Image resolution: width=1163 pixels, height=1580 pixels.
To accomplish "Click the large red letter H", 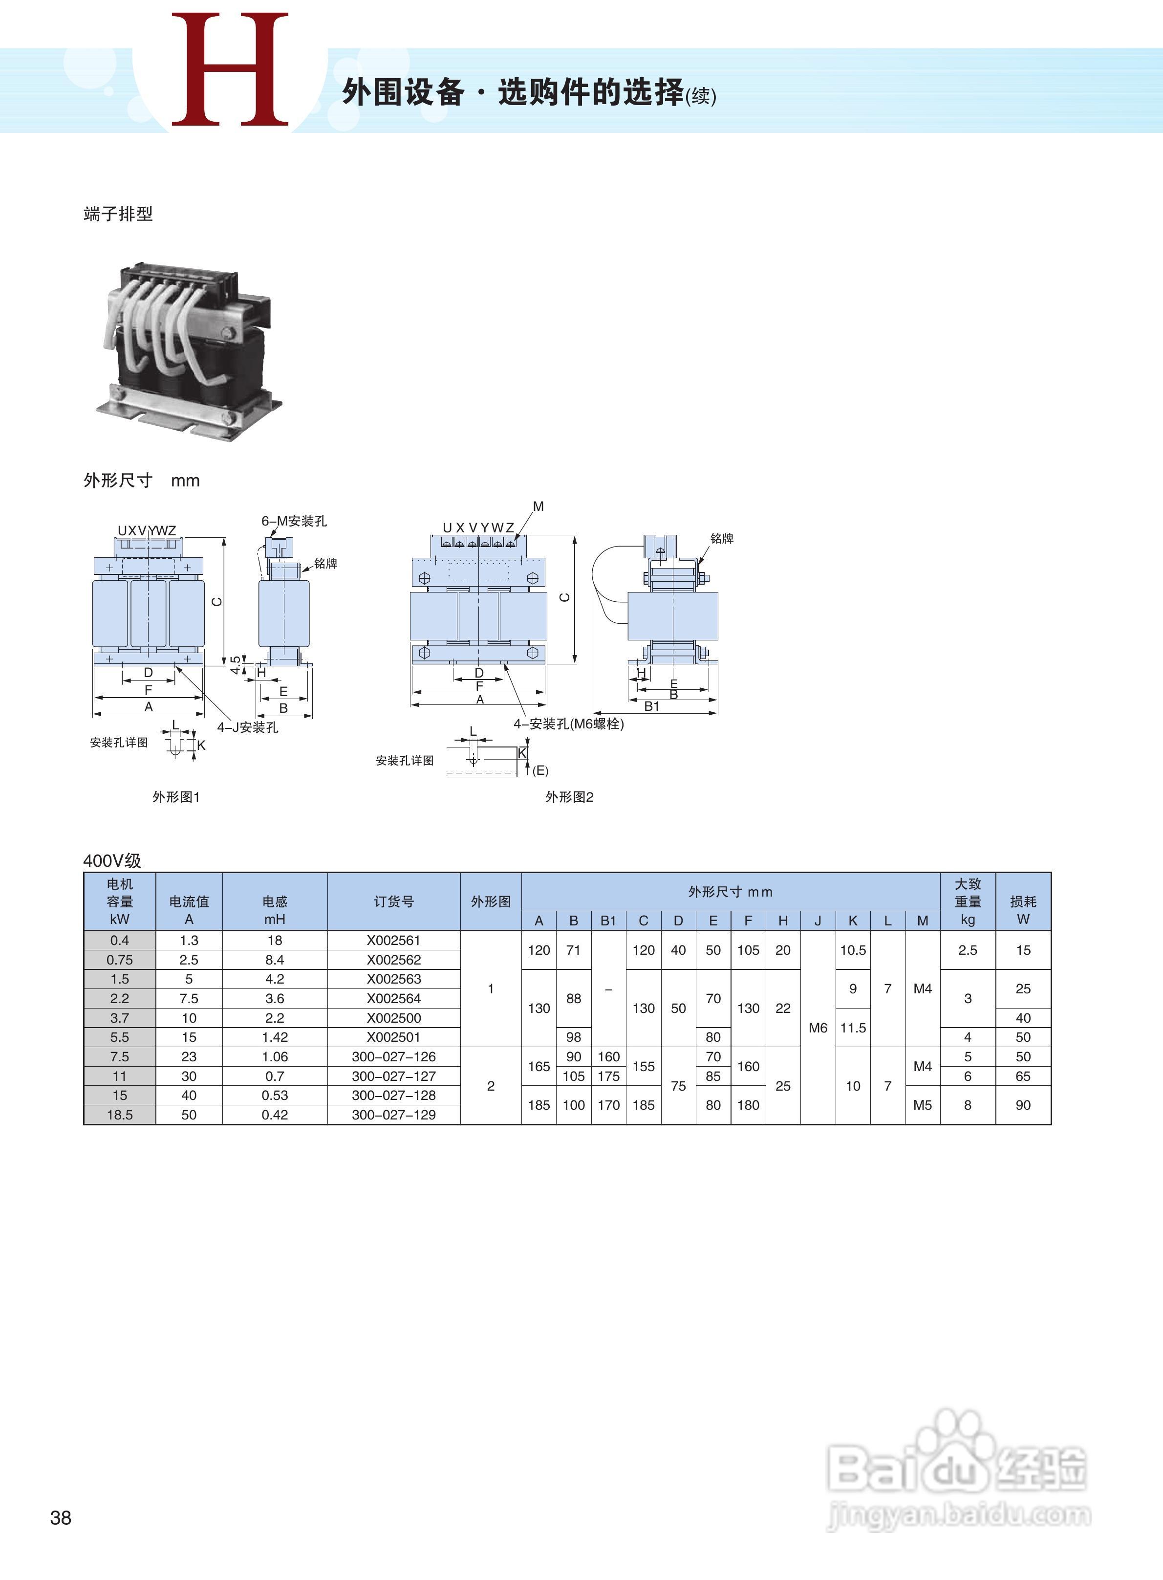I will [x=230, y=70].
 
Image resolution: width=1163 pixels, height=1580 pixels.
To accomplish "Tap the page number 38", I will [x=61, y=1517].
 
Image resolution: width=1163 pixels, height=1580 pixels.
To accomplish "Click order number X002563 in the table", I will [x=393, y=979].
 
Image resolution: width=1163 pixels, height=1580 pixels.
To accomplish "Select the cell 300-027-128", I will [x=393, y=1095].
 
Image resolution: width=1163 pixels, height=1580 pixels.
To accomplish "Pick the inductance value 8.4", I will [x=275, y=959].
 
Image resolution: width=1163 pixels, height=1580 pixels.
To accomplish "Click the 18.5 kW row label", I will [x=120, y=1115].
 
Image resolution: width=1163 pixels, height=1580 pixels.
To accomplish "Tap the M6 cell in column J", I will [x=818, y=1028].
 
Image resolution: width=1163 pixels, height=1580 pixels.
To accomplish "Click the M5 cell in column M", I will [x=922, y=1105].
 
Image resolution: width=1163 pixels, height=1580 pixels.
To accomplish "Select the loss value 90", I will [x=1023, y=1105].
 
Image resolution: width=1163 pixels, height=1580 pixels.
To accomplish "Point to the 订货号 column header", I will [x=393, y=901].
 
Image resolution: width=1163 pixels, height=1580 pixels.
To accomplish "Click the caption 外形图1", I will [x=176, y=797].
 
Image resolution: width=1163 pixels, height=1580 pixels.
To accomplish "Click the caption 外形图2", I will [x=569, y=797].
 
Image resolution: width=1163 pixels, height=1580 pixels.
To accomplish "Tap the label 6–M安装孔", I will [x=294, y=521].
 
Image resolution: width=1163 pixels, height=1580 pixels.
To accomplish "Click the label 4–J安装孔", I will [x=247, y=727].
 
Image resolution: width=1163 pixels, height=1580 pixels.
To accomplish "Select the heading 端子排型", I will [x=118, y=214].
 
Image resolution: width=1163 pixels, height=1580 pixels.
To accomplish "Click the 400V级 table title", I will [x=112, y=860].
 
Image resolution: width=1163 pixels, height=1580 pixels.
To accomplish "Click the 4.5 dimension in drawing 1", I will [x=235, y=665].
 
